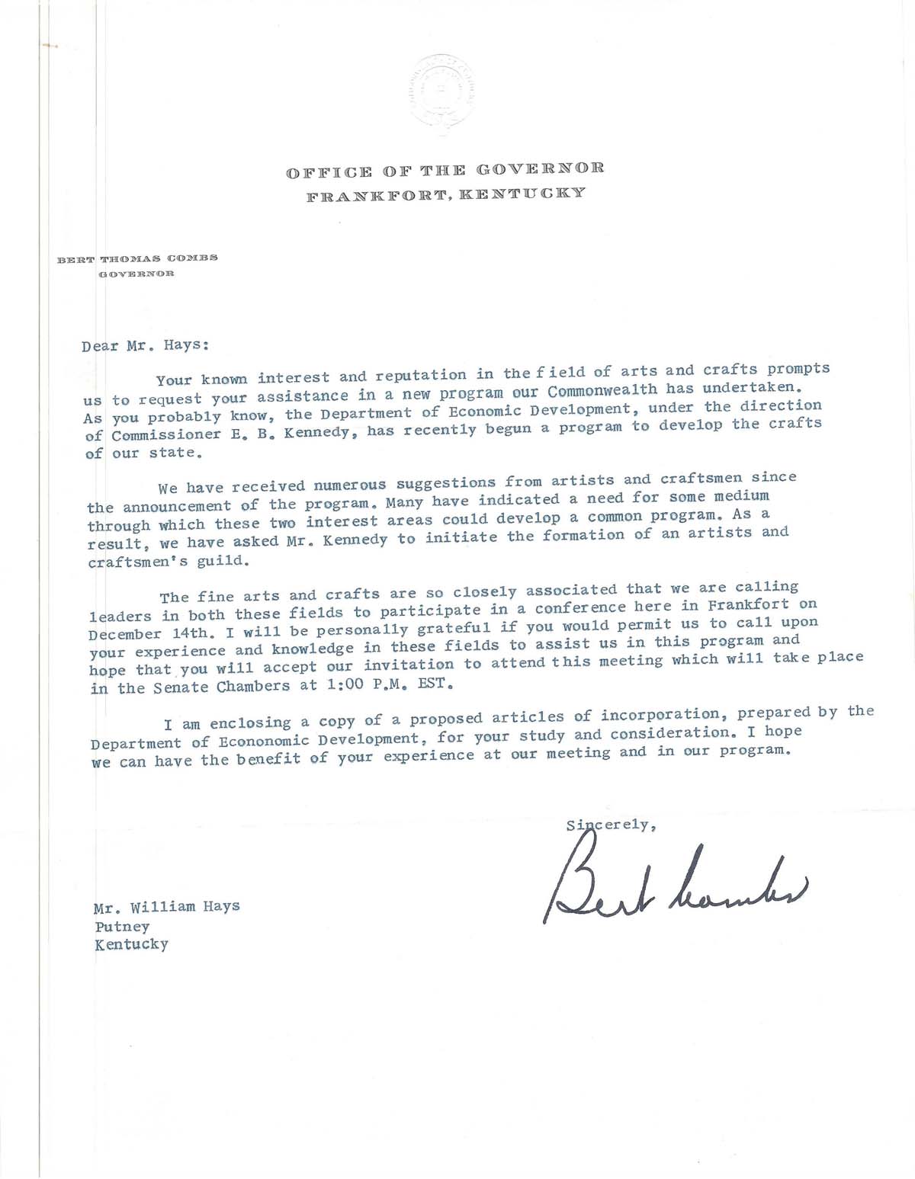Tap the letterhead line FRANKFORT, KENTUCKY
click(446, 194)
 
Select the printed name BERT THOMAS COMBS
click(138, 258)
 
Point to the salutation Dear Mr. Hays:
click(145, 344)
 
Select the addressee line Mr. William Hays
click(167, 907)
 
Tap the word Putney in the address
click(122, 927)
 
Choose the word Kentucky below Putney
click(131, 945)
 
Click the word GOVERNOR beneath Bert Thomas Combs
click(136, 274)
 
